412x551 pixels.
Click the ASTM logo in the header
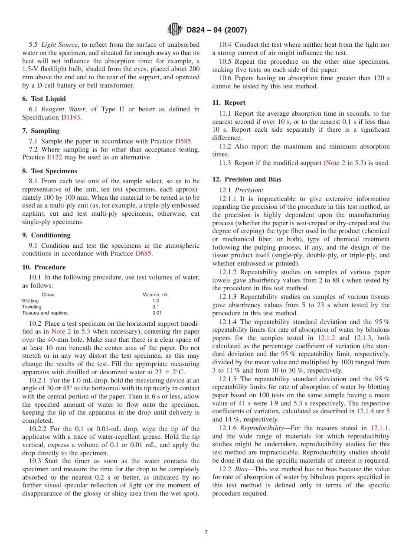coord(175,30)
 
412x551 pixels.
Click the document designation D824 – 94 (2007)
coord(216,30)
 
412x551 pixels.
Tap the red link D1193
coord(70,117)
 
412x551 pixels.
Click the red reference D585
coord(183,141)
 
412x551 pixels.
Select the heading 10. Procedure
coord(44,267)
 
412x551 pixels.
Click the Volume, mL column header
coord(156,295)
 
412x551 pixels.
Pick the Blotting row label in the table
coord(30,301)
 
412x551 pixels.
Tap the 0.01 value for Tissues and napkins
coord(156,313)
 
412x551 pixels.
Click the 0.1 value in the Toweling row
coord(156,307)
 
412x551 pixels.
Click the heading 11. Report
coord(229,103)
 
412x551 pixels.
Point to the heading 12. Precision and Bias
coord(246,179)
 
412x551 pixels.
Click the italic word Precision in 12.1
coord(248,190)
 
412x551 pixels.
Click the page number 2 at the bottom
coord(206,532)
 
